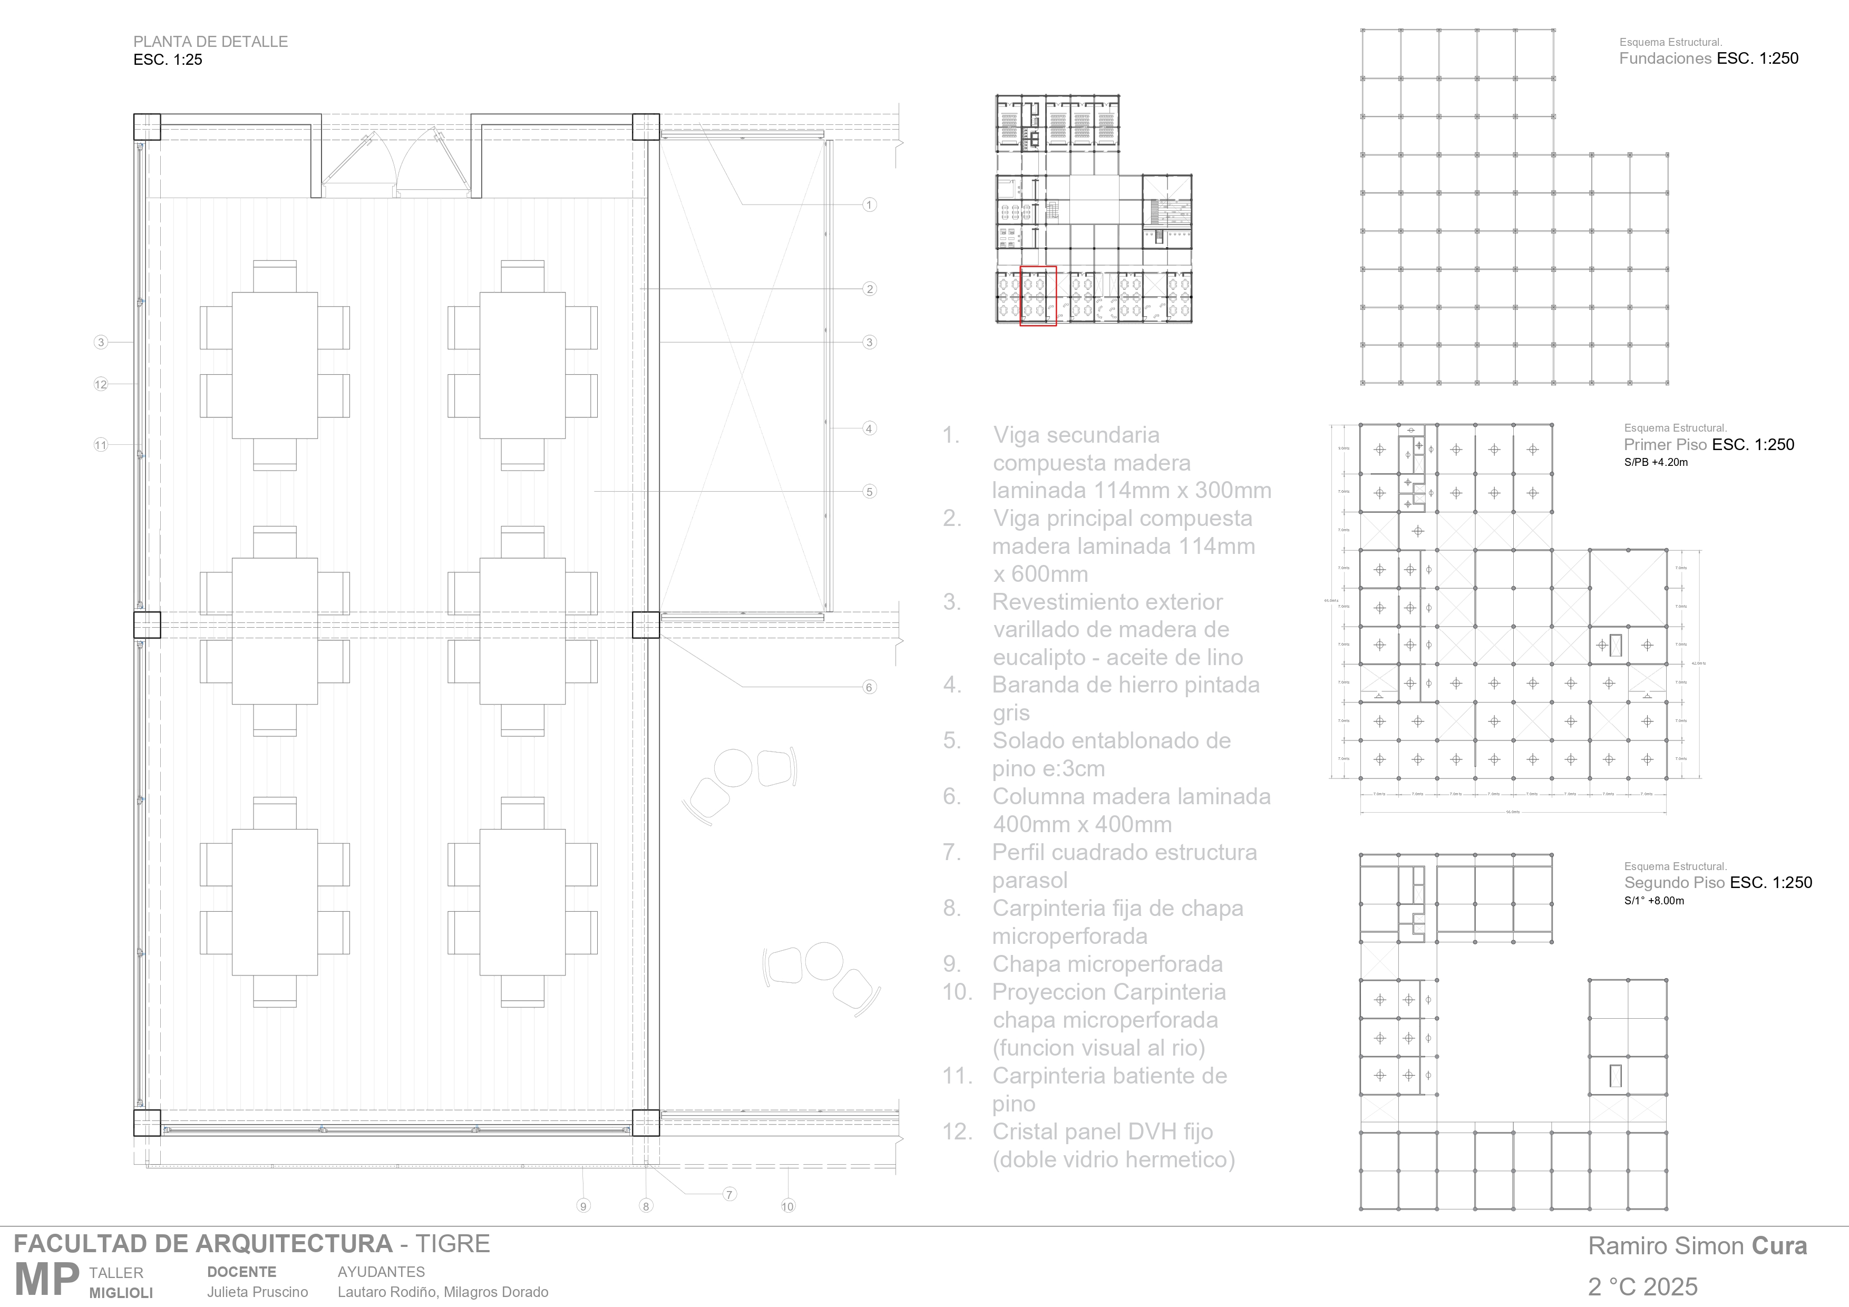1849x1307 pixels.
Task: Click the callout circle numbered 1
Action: tap(869, 204)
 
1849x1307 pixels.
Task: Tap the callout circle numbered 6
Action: tap(869, 687)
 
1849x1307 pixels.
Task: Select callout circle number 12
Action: tap(101, 384)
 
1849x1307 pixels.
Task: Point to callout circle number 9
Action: tap(584, 1205)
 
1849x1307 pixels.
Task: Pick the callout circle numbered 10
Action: tap(787, 1205)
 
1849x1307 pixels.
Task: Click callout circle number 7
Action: tap(729, 1194)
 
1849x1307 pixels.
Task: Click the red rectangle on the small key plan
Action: tap(1038, 296)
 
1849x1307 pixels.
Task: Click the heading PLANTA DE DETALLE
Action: tap(210, 42)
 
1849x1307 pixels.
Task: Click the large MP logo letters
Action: tap(47, 1279)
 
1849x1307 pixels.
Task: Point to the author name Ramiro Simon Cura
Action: tap(1697, 1246)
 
